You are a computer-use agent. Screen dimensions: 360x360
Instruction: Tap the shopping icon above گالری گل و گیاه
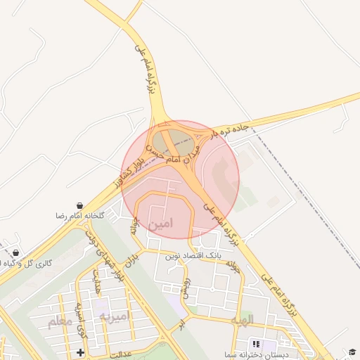pyautogui.click(x=15, y=252)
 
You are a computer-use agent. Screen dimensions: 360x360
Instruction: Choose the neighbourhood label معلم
pyautogui.click(x=61, y=322)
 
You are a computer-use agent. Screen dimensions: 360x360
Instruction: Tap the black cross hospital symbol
pyautogui.click(x=82, y=352)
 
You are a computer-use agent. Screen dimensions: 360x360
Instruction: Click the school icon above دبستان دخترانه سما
pyautogui.click(x=255, y=344)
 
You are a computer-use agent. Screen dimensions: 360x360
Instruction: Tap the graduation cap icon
pyautogui.click(x=352, y=351)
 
